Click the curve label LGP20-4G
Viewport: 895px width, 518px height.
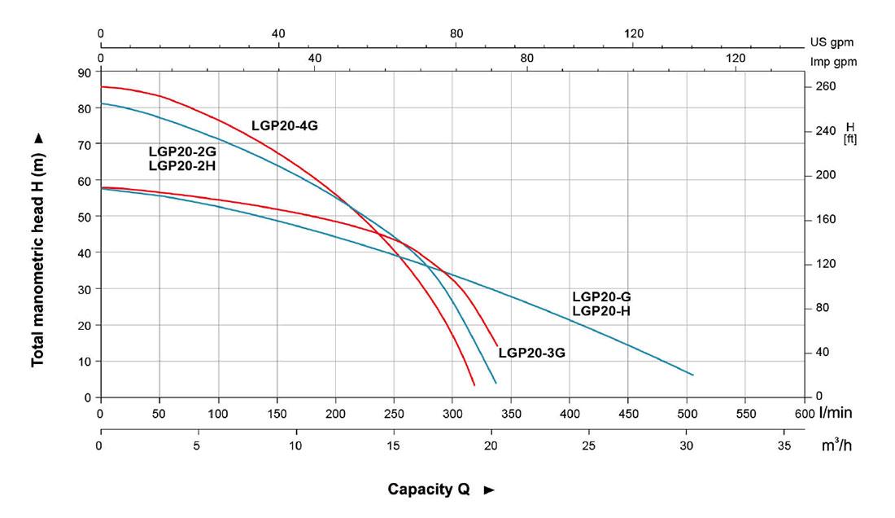point(282,126)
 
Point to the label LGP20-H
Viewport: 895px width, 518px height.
point(601,311)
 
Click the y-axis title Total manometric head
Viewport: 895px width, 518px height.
point(37,251)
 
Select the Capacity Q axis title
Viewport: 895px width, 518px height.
point(429,489)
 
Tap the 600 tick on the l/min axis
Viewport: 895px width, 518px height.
point(804,414)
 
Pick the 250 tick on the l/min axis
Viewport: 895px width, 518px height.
point(394,414)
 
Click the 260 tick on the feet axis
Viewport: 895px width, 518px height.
point(826,86)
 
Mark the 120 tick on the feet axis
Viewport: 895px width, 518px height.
point(826,264)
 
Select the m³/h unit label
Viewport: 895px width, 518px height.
point(832,446)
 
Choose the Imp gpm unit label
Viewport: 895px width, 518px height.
point(834,62)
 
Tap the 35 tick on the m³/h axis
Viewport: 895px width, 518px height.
point(784,446)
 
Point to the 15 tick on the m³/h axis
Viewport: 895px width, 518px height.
point(393,446)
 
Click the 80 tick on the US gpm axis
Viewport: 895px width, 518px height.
point(456,33)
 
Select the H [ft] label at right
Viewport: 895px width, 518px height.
point(850,133)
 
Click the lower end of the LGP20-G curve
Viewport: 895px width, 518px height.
point(692,375)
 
